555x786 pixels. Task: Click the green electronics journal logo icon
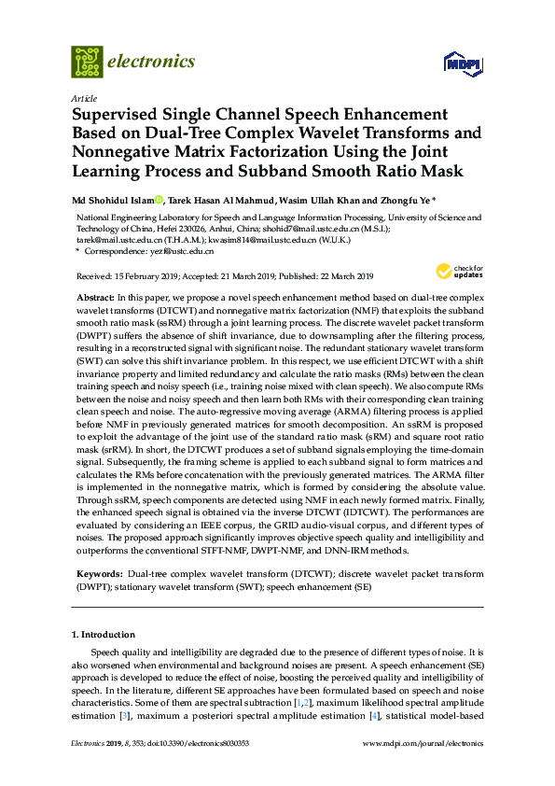pyautogui.click(x=87, y=62)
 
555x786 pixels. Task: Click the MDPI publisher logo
pyautogui.click(x=462, y=63)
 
